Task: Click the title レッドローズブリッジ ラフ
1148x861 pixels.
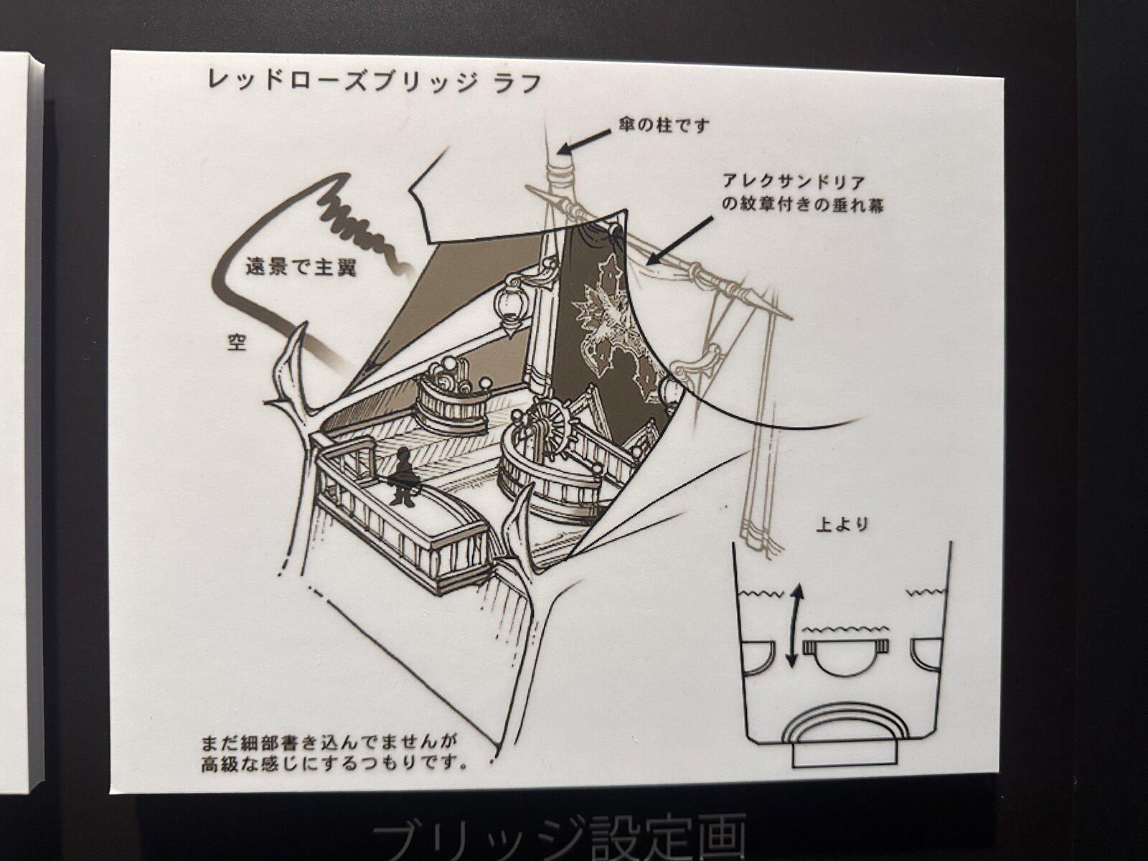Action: [x=375, y=82]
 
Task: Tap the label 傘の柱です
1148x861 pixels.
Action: [x=663, y=126]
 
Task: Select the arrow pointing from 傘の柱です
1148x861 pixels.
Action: [x=583, y=141]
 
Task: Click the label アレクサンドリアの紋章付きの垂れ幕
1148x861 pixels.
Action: [x=802, y=194]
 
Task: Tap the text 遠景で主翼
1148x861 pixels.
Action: [x=301, y=268]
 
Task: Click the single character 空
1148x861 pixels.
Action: [x=236, y=342]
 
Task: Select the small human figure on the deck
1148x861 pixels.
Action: [x=403, y=476]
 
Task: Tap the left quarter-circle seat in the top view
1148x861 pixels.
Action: [x=759, y=656]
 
